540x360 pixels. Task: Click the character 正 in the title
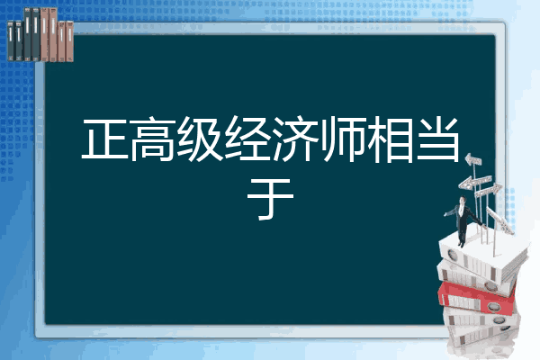click(103, 141)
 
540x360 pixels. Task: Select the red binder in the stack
click(481, 293)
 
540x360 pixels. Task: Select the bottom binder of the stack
click(481, 340)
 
